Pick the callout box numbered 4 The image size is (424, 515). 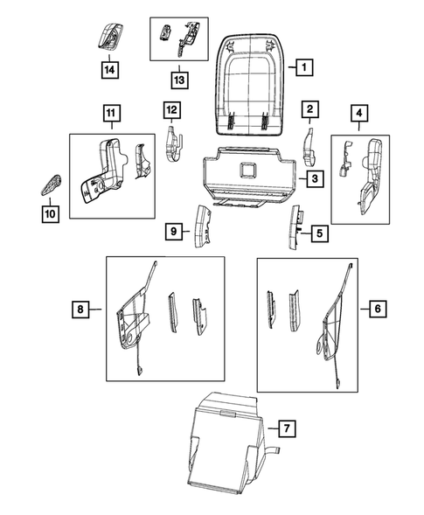coord(360,112)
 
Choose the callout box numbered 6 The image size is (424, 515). coord(377,309)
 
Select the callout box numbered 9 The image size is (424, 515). coord(174,231)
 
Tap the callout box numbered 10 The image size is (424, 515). coord(49,212)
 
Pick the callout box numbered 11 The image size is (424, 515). coord(111,112)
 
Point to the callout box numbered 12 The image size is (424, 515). coord(171,109)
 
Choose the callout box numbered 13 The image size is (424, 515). coord(179,80)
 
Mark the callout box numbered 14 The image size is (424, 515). coord(110,68)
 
